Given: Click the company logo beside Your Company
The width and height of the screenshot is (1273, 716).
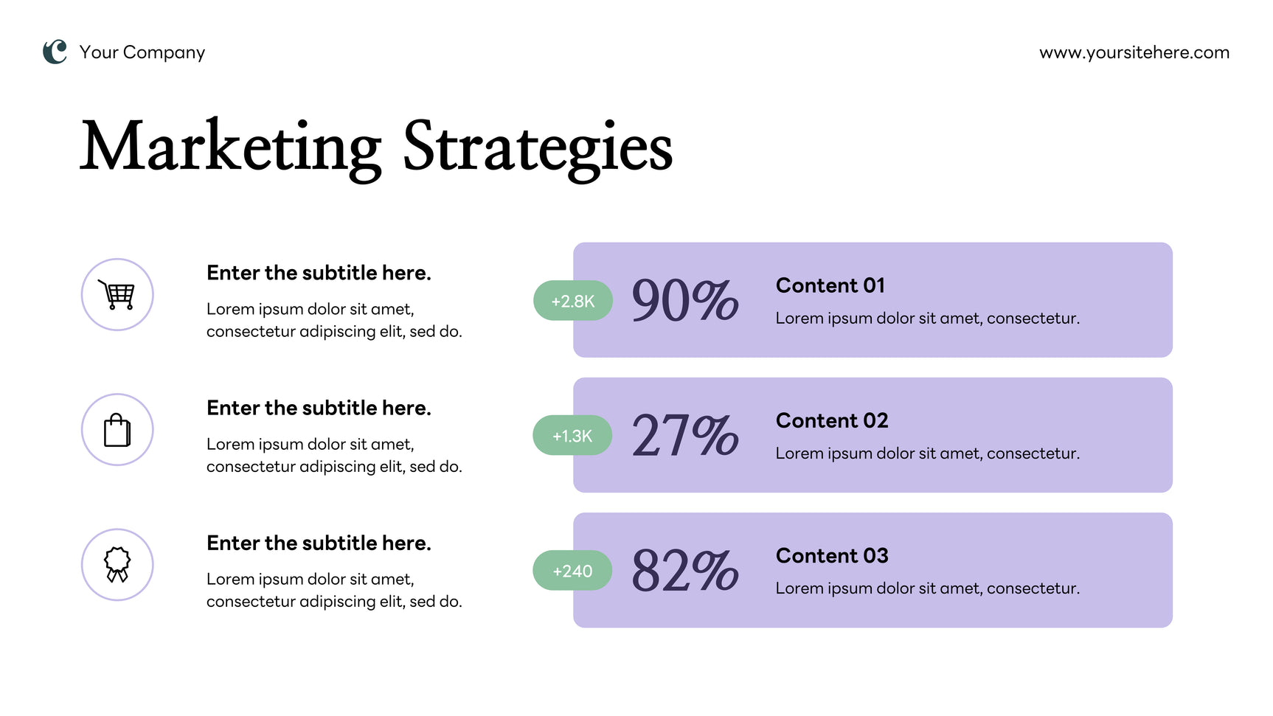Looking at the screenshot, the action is point(55,52).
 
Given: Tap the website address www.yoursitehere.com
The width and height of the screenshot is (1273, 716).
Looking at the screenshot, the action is point(1134,52).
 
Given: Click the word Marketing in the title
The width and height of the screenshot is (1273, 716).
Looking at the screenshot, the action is point(231,147).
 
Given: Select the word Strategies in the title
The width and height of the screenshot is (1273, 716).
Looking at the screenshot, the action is point(538,147).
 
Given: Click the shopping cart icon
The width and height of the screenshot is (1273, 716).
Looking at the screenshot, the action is point(117,294).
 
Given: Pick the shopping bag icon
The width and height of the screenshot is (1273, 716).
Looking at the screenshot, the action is point(117,430).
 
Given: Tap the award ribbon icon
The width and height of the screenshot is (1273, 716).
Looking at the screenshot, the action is point(117,565).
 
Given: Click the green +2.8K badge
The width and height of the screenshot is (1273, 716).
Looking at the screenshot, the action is point(573,301).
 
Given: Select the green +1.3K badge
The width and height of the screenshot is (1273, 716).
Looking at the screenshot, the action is point(572,436).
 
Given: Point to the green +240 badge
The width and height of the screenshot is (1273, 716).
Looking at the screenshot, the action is point(572,571).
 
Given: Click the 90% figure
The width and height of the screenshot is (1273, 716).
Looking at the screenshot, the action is point(684,301).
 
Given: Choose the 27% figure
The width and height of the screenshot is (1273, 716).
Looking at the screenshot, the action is point(684,436).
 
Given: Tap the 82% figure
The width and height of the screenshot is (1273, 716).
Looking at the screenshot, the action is point(684,571).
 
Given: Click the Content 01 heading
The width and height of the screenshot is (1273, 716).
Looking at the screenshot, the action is point(830,285).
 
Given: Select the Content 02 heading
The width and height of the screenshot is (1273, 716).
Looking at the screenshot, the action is point(832,420).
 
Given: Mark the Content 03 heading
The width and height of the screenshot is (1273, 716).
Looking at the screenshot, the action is point(832,555).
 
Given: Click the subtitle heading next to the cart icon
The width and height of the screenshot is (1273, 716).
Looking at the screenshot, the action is point(319,273).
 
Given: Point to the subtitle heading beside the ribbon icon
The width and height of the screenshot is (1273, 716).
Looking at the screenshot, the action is point(319,543).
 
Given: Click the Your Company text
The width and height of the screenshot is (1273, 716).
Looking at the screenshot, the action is point(142,52).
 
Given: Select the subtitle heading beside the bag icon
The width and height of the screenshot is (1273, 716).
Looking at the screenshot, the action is point(319,408).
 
